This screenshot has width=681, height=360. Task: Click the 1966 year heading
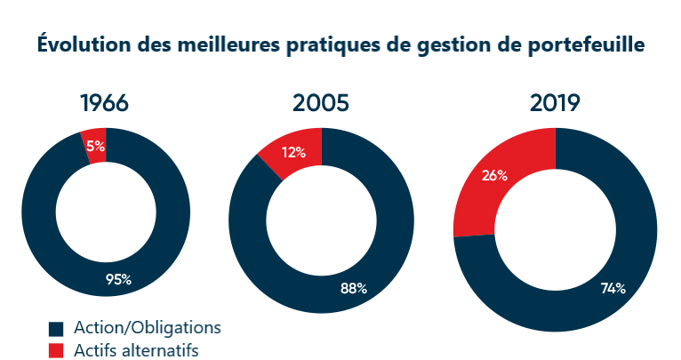(x=105, y=103)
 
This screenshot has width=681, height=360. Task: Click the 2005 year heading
(x=321, y=103)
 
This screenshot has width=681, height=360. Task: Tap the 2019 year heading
(x=555, y=103)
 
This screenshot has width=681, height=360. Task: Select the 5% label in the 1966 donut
(x=95, y=146)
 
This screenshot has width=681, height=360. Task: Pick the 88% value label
(x=354, y=287)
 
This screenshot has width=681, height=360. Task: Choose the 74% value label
(x=613, y=288)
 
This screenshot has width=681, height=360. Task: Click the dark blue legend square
(x=57, y=327)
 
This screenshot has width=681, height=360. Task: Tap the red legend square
(x=57, y=350)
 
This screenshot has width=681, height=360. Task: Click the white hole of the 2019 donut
(x=556, y=230)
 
